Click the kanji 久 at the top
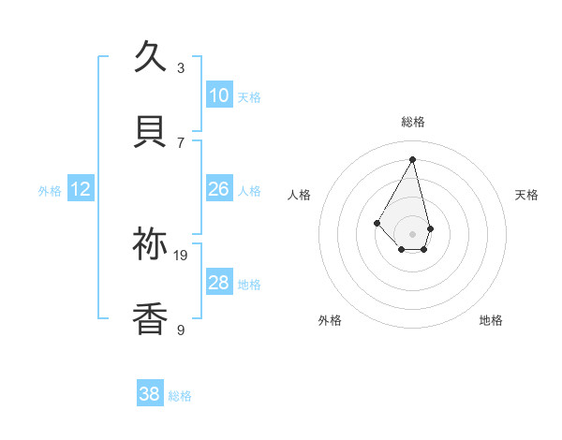point(151,58)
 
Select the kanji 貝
point(151,132)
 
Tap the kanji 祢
point(151,244)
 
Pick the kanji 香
point(151,319)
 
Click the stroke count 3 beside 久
point(181,68)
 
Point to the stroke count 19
point(181,255)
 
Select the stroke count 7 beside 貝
point(181,142)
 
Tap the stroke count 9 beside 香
point(181,330)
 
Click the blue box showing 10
point(218,95)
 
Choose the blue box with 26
point(218,189)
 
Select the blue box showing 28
point(218,283)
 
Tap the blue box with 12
point(81,189)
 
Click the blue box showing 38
point(150,394)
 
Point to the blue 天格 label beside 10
point(249,97)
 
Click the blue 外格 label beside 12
point(50,191)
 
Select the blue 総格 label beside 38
point(180,396)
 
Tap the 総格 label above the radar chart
point(413,122)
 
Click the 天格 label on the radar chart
point(527,195)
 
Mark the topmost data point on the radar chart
point(413,159)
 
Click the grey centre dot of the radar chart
point(413,233)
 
